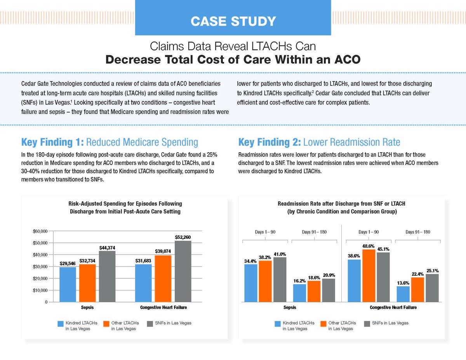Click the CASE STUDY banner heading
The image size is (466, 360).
point(233,21)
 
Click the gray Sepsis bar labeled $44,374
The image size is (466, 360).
point(107,276)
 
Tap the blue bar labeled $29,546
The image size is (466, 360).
point(68,284)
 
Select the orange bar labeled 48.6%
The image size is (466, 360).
point(369,276)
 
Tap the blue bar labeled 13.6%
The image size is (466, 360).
point(403,294)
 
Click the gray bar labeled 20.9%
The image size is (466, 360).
point(329,290)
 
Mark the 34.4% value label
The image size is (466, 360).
point(250,261)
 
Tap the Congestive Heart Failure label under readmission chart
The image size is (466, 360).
point(393,308)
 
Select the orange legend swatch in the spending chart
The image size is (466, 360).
point(106,323)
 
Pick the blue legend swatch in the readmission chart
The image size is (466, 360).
point(277,323)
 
